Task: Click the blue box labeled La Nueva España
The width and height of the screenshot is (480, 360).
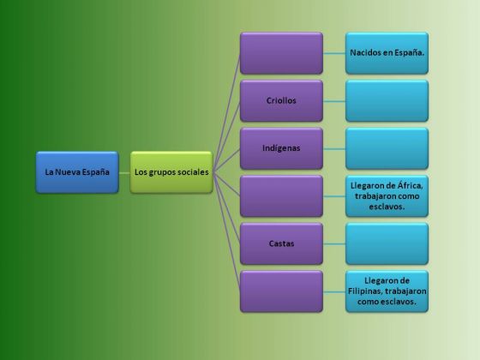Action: (77, 172)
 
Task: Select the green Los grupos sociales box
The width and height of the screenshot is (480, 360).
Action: (171, 172)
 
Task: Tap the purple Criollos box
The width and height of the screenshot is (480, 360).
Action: (281, 101)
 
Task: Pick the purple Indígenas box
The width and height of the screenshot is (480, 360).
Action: (281, 148)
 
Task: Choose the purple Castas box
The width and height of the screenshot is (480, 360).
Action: (281, 243)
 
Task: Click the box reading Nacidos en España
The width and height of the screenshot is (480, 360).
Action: (387, 53)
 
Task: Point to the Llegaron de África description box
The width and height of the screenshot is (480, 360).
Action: (387, 196)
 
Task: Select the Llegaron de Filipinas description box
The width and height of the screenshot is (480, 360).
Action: (387, 291)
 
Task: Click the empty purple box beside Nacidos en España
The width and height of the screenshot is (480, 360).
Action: (281, 53)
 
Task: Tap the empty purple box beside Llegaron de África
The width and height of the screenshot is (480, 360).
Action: (281, 196)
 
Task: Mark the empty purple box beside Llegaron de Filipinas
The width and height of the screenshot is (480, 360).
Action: (281, 291)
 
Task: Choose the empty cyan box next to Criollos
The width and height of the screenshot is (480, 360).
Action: (387, 101)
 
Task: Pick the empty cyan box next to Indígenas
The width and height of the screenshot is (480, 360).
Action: (387, 148)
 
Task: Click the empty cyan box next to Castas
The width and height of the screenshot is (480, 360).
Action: (387, 243)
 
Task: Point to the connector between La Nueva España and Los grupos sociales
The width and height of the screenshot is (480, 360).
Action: (124, 173)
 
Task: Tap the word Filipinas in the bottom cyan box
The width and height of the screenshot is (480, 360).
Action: (365, 291)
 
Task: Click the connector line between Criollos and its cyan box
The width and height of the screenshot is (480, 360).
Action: (334, 101)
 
